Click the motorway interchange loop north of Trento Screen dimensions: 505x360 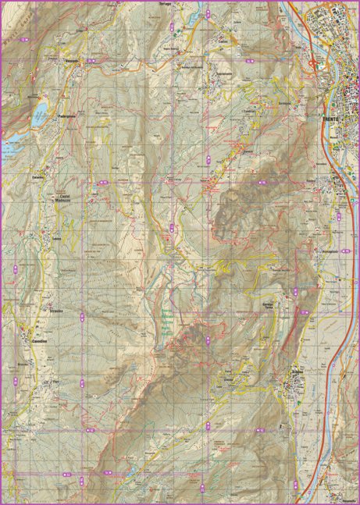point(314,63)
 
